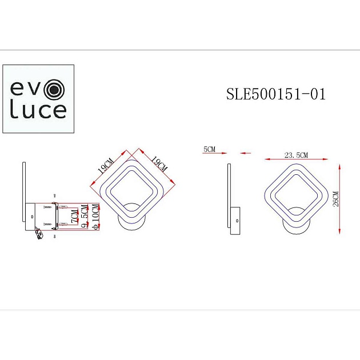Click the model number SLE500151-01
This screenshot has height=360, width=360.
pyautogui.click(x=276, y=94)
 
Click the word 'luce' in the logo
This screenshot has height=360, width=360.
pyautogui.click(x=39, y=110)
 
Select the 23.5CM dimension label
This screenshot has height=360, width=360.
pyautogui.click(x=296, y=155)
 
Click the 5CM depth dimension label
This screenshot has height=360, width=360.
pyautogui.click(x=209, y=150)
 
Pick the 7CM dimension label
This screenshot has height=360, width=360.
pyautogui.click(x=74, y=216)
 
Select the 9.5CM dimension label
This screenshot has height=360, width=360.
pyautogui.click(x=85, y=218)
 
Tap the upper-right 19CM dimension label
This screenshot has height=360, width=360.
pyautogui.click(x=157, y=164)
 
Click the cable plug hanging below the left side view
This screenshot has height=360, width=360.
pyautogui.click(x=39, y=234)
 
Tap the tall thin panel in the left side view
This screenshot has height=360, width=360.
pyautogui.click(x=23, y=191)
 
